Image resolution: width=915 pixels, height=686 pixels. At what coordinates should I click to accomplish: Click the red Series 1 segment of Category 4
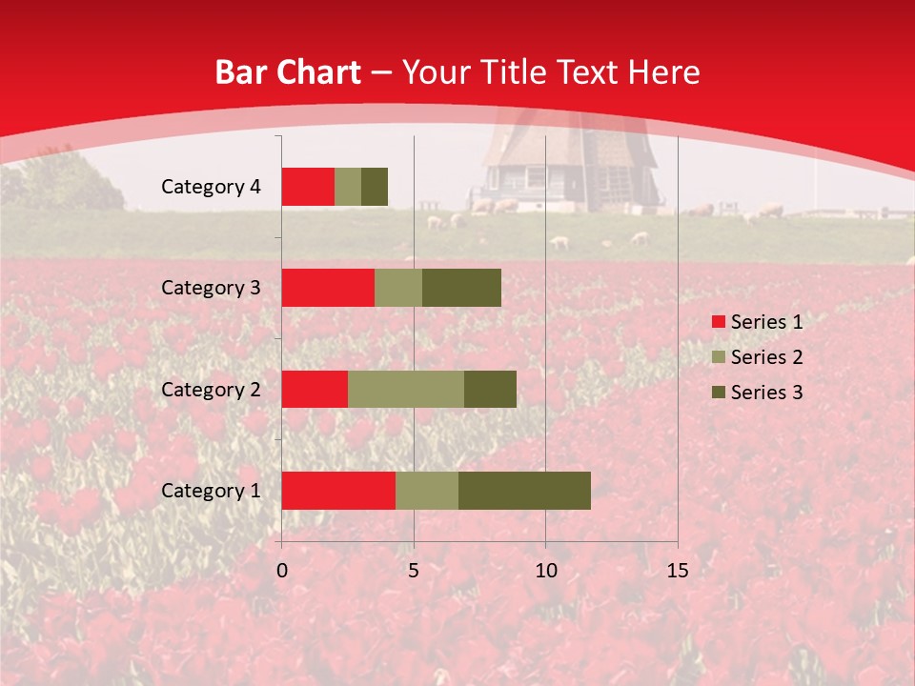[x=308, y=187]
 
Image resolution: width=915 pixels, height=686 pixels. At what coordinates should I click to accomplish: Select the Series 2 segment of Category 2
[x=406, y=389]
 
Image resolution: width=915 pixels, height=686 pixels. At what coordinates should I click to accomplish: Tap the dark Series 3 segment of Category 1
[x=524, y=490]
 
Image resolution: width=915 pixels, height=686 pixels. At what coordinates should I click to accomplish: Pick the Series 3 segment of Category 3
[x=461, y=288]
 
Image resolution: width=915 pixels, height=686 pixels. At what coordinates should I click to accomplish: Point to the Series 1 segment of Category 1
[x=338, y=490]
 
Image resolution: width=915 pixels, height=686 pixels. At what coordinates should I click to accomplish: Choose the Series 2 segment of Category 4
[x=348, y=187]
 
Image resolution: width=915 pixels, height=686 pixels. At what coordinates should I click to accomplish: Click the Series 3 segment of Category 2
[x=490, y=389]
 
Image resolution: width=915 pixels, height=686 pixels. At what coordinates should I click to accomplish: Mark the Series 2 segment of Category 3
[x=398, y=288]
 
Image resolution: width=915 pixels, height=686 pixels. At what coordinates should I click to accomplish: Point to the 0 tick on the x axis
[x=282, y=571]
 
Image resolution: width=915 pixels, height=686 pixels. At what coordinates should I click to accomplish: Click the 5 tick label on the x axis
[x=414, y=571]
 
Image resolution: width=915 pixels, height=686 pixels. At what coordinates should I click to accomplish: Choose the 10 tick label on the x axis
[x=545, y=571]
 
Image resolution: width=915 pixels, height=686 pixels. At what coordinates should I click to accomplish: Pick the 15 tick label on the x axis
[x=677, y=571]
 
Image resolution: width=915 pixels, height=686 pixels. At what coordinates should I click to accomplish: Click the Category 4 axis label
[x=211, y=187]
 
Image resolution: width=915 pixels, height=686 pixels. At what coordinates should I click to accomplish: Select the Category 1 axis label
[x=211, y=491]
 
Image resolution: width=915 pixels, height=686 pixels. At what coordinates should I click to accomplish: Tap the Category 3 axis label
[x=211, y=288]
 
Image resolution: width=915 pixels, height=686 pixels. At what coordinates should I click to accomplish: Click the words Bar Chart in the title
[x=288, y=72]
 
